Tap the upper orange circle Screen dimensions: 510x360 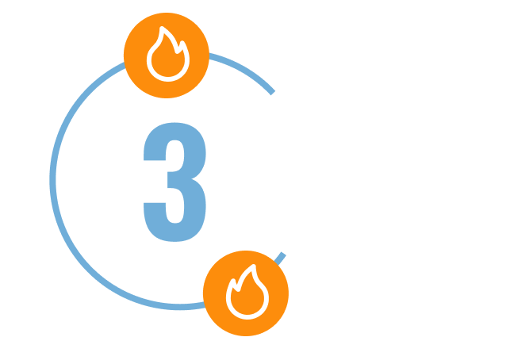(167, 56)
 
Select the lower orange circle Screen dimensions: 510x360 (246, 293)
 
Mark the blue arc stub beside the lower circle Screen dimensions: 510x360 (282, 255)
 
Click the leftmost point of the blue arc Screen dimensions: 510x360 (52, 178)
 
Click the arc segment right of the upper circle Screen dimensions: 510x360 (242, 70)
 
